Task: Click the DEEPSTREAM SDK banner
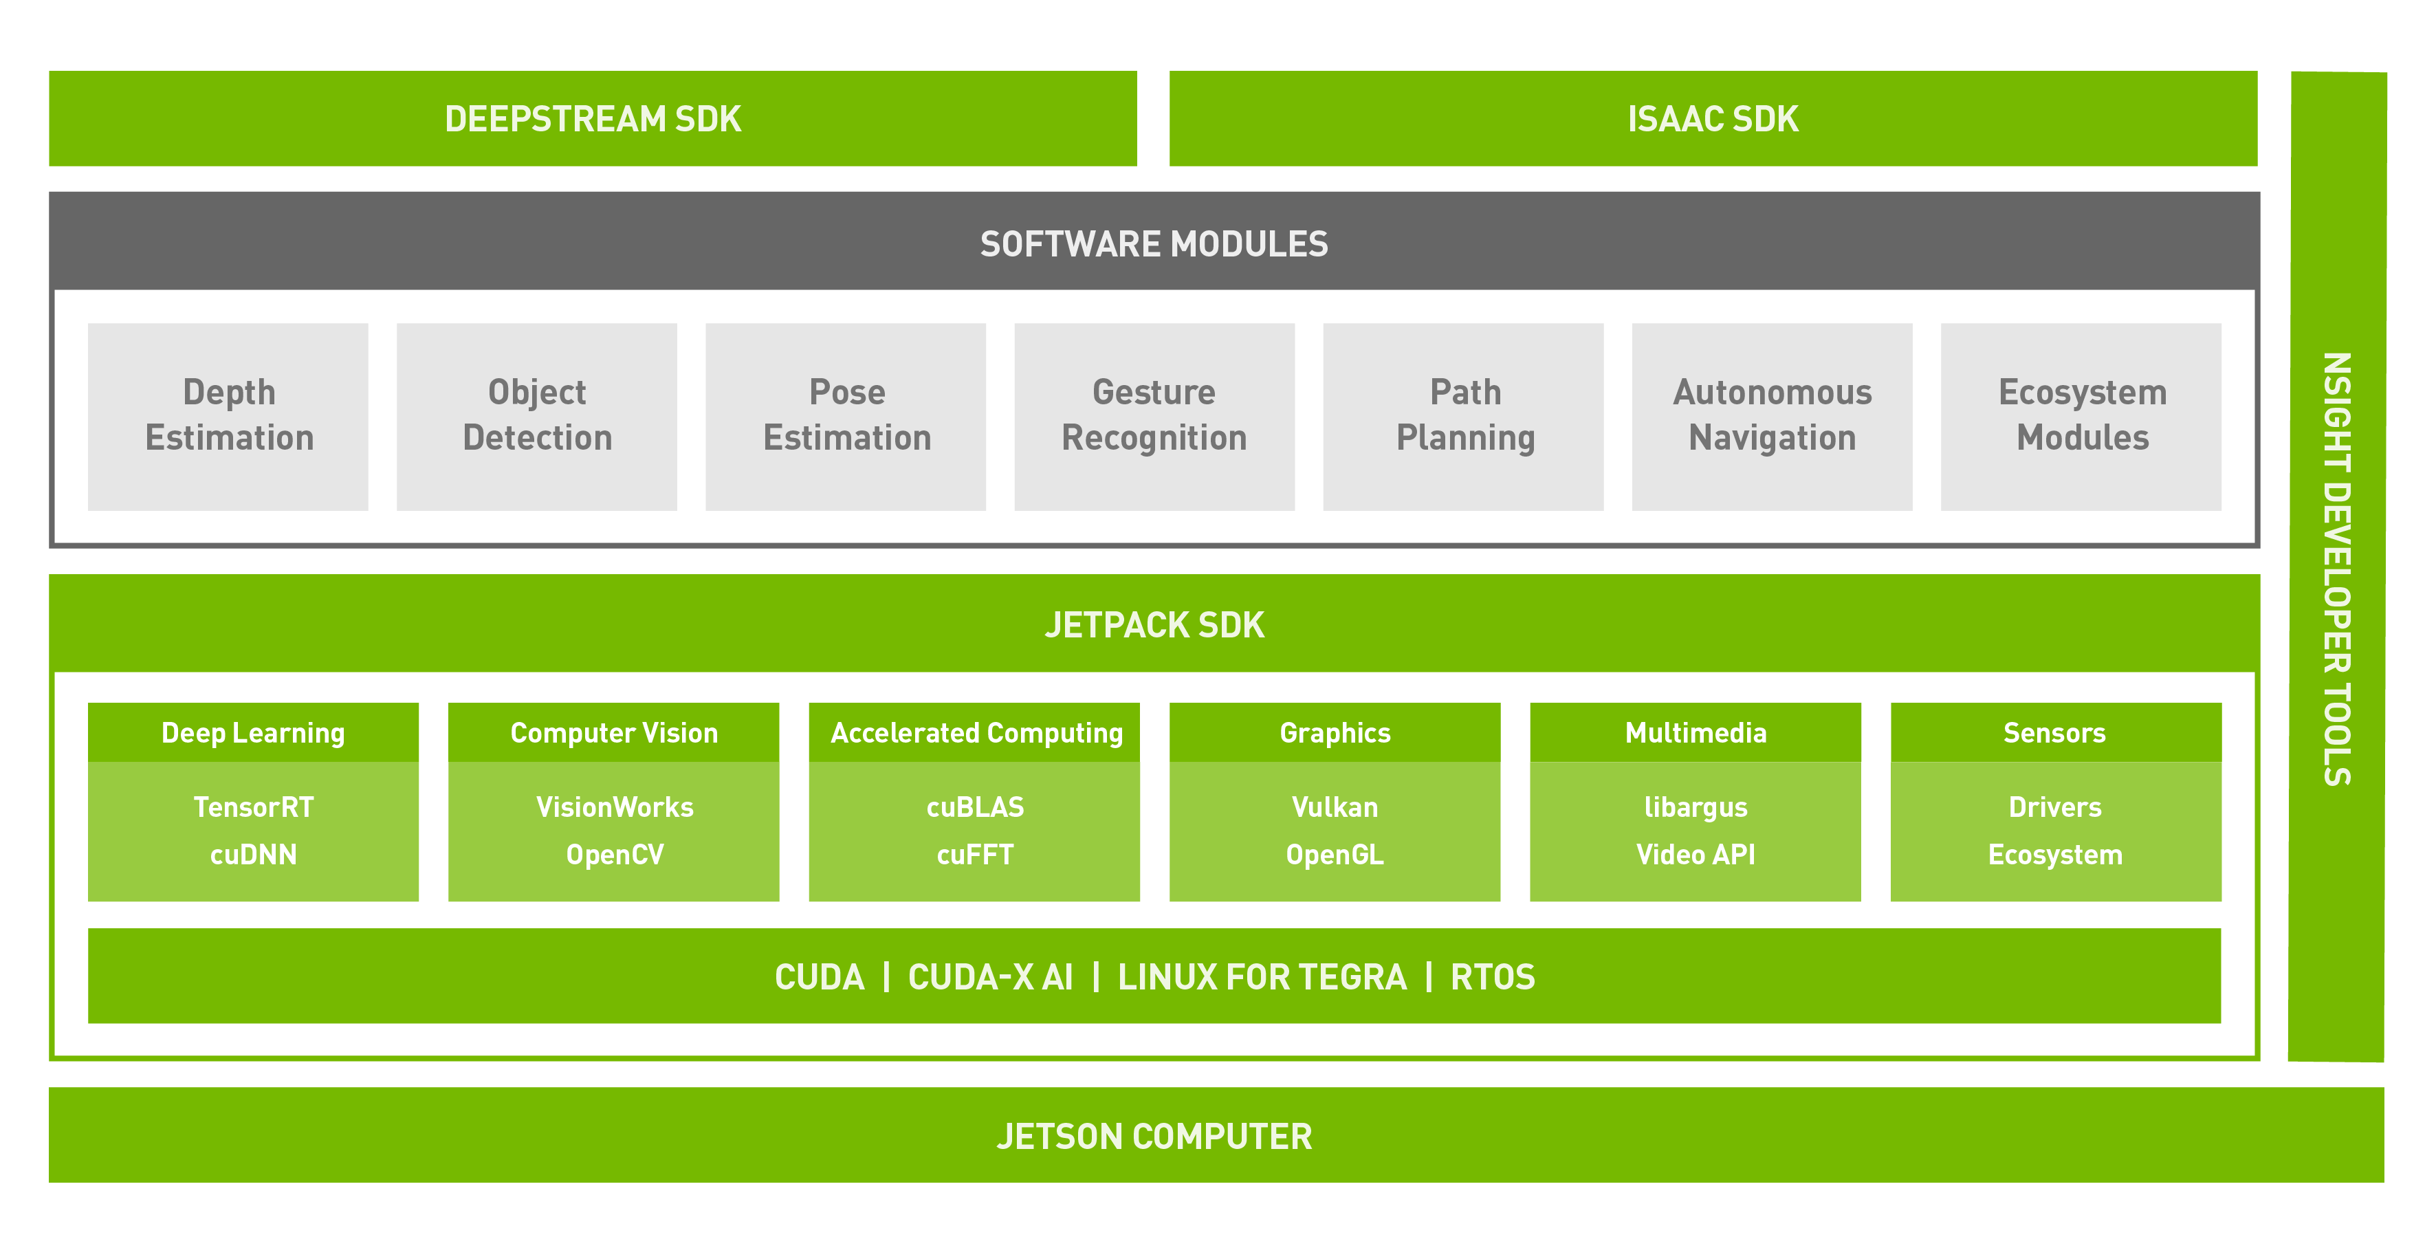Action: (x=593, y=119)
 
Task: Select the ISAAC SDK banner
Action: (x=1713, y=119)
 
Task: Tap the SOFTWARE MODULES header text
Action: (x=1154, y=244)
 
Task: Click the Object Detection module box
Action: (x=536, y=416)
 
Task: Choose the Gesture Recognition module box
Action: (x=1154, y=416)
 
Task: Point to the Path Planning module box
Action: (x=1463, y=416)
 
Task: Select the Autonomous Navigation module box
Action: (x=1771, y=416)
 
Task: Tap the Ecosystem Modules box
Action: (x=2081, y=416)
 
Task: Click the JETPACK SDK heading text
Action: (x=1154, y=625)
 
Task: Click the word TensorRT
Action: (x=254, y=807)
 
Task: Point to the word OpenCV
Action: (x=615, y=855)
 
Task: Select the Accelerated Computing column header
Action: (x=975, y=733)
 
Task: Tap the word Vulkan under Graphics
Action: (x=1335, y=807)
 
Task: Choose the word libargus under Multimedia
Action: (x=1695, y=807)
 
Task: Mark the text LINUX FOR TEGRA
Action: (x=1262, y=976)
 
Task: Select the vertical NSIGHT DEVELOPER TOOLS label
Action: (x=2337, y=568)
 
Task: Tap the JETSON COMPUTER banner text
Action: (x=1154, y=1135)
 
